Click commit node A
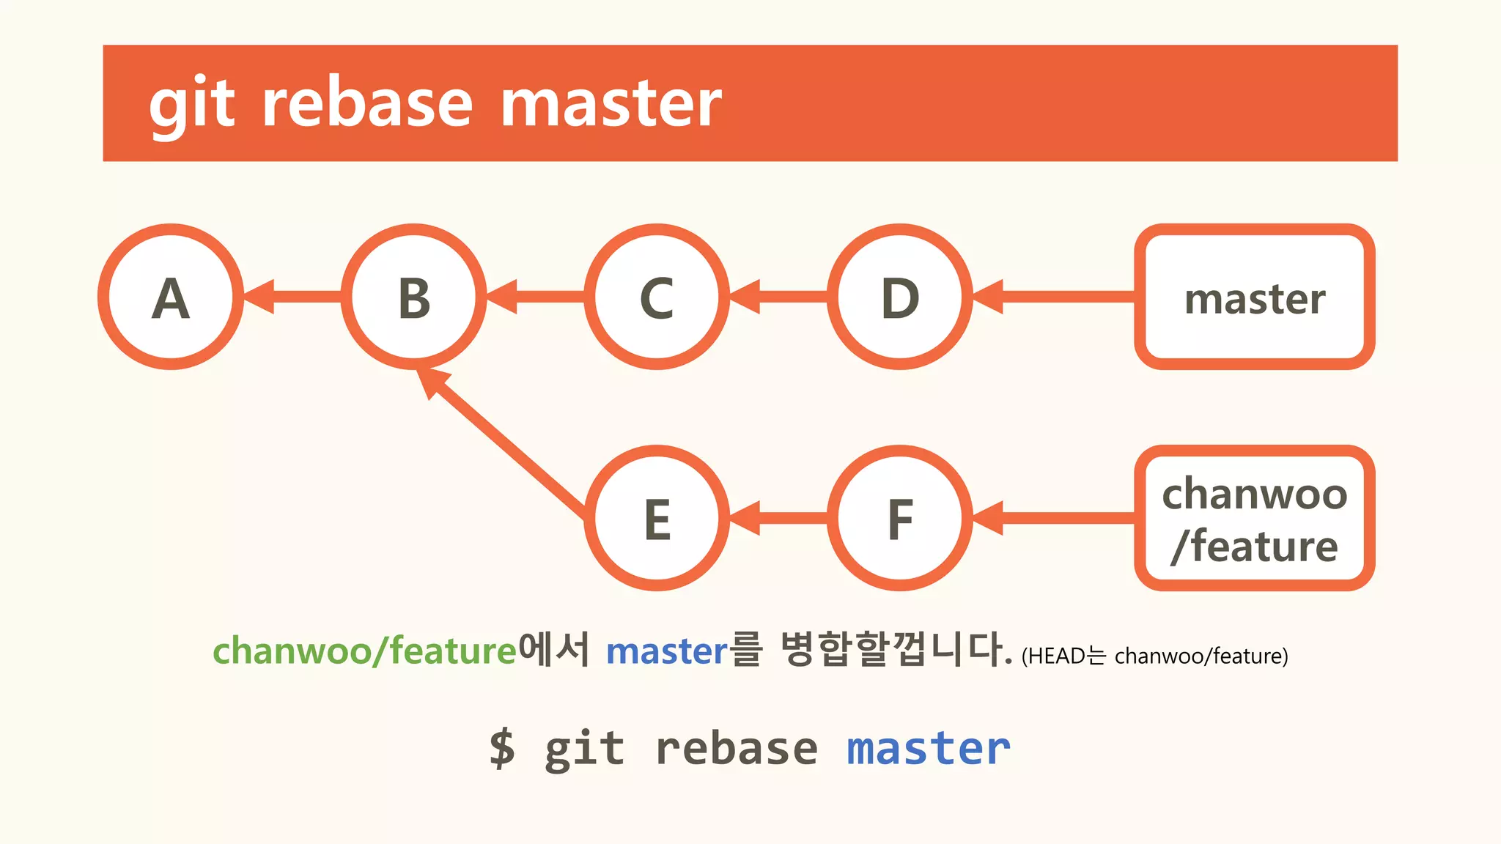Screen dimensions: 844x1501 [x=171, y=297]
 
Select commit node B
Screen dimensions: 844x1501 [x=414, y=297]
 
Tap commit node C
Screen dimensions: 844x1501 [x=657, y=297]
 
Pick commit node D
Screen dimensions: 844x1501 [x=900, y=297]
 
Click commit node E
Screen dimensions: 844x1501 [x=657, y=518]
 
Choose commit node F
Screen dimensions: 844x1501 [x=900, y=518]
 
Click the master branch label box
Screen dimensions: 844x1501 [x=1254, y=297]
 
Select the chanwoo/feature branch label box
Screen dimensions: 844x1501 [x=1254, y=518]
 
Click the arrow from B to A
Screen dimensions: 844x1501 [x=293, y=297]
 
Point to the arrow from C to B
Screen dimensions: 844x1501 [x=536, y=297]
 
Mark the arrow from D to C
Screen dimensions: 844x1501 [x=779, y=297]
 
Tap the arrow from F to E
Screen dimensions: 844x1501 [x=779, y=518]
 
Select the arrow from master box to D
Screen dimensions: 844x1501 [x=1055, y=297]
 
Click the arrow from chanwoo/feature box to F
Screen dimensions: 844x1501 [x=1055, y=518]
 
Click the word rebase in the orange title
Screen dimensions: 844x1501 [x=367, y=103]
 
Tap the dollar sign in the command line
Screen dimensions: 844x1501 [x=502, y=749]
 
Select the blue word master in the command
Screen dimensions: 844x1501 [x=928, y=749]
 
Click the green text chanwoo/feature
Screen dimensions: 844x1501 [x=364, y=651]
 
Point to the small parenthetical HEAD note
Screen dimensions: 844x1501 [x=1154, y=656]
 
